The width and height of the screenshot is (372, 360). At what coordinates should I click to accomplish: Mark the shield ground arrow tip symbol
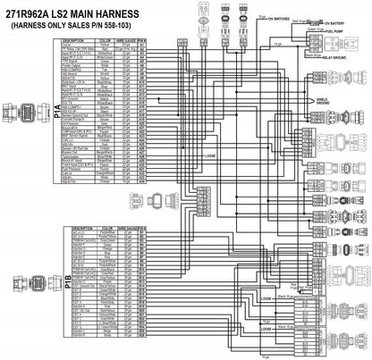click(312, 101)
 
